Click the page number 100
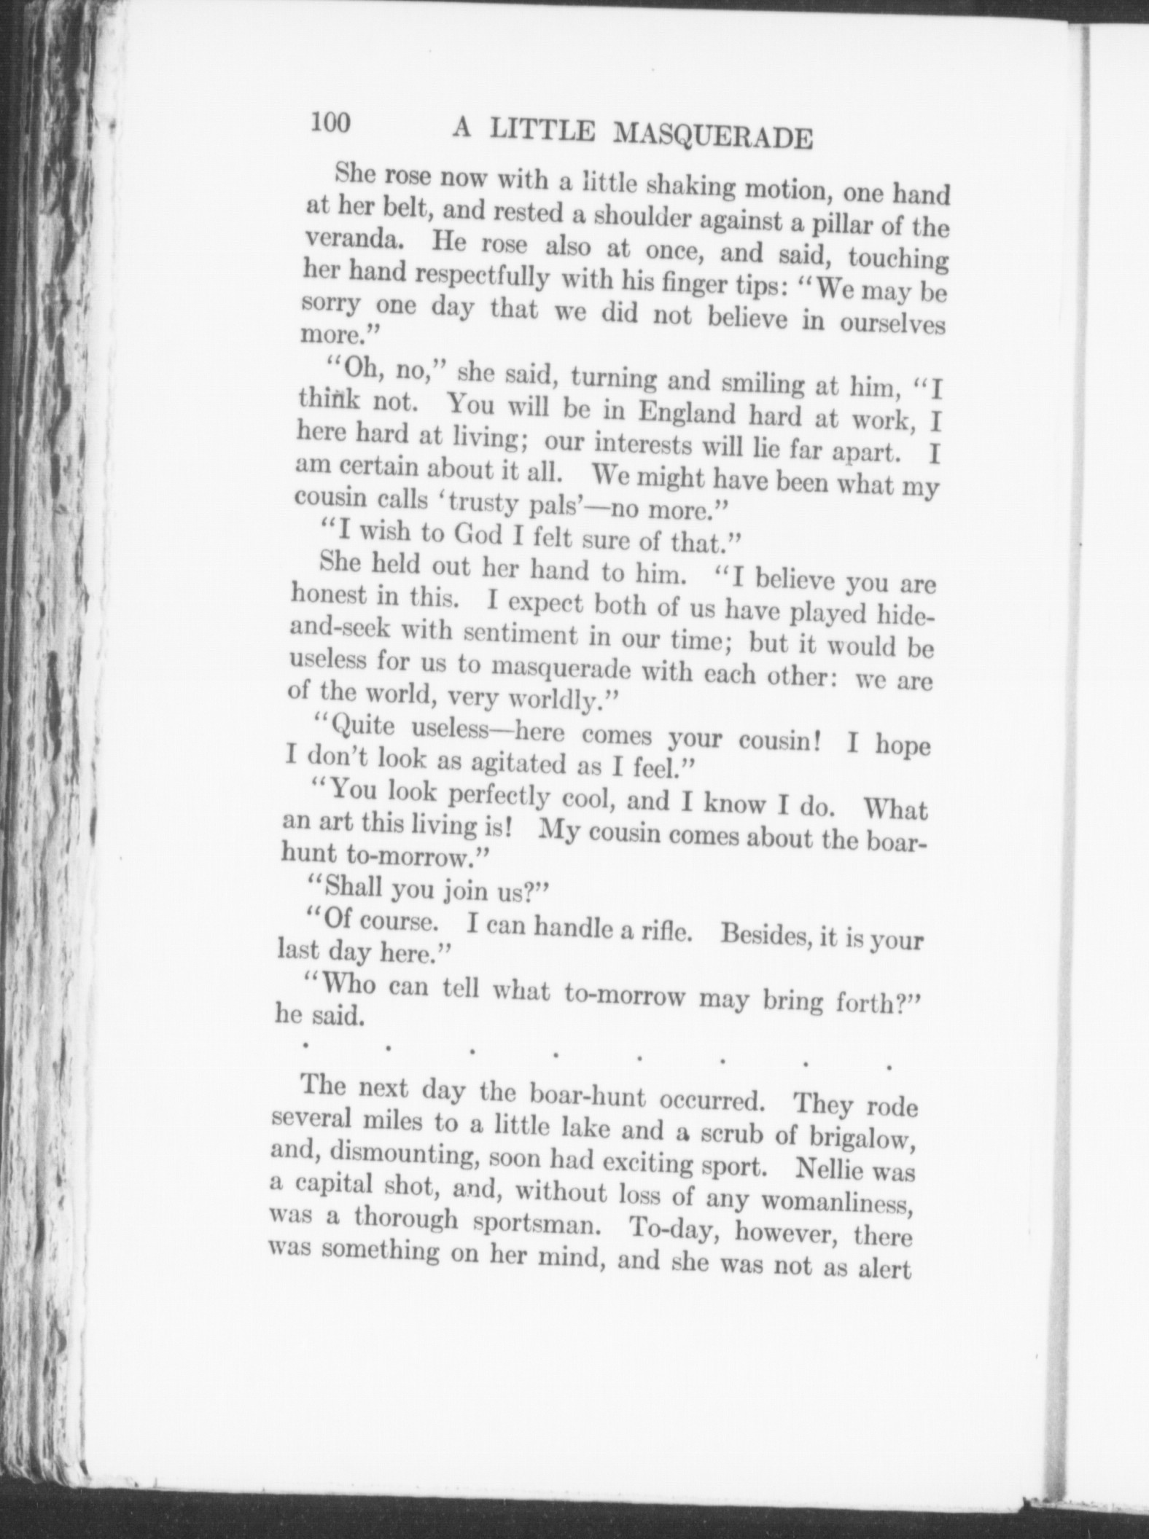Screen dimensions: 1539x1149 [330, 122]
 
